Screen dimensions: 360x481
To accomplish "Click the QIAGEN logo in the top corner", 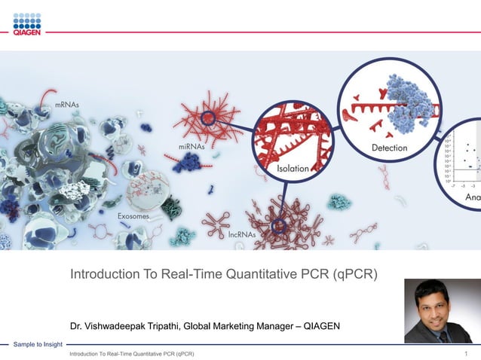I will (x=27, y=24).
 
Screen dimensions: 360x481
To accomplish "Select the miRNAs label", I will (x=192, y=147).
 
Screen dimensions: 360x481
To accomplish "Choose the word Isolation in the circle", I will (x=293, y=168).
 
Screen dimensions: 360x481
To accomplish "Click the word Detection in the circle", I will (x=390, y=148).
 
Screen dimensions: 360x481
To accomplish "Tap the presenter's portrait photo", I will (x=438, y=311).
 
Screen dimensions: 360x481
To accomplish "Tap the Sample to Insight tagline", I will (x=37, y=344).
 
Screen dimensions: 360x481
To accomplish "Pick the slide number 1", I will (x=467, y=353).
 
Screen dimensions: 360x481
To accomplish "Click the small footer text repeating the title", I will (x=132, y=353).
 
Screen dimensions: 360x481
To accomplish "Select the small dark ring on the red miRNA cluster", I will (x=208, y=117).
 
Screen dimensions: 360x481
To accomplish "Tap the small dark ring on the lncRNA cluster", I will (x=278, y=224).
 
